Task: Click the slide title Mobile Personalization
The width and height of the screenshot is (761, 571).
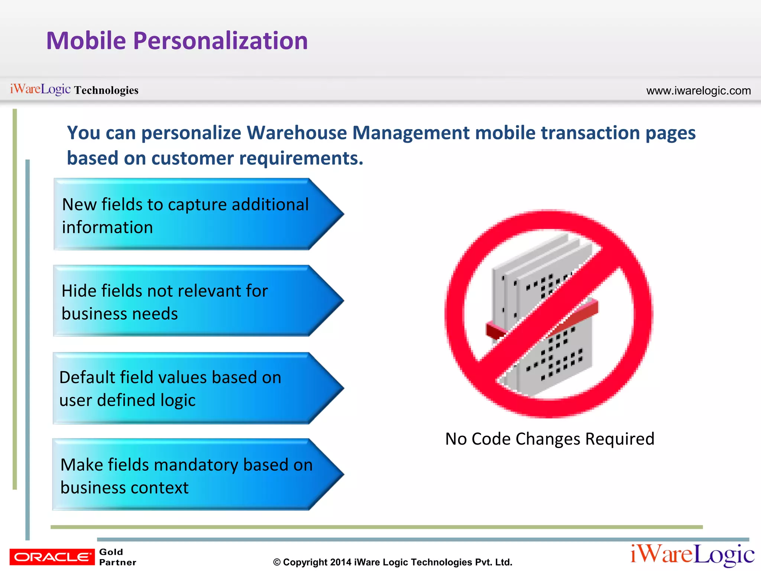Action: (x=177, y=41)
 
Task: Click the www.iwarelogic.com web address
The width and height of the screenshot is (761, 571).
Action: (x=698, y=91)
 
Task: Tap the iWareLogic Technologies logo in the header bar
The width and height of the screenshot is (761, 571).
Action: (x=74, y=90)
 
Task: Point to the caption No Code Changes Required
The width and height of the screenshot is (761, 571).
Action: (x=550, y=439)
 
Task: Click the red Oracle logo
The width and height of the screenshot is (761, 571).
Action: (x=52, y=557)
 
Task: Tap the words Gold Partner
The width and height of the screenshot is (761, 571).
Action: (x=117, y=557)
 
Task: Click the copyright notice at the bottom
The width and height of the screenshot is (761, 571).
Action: (x=393, y=562)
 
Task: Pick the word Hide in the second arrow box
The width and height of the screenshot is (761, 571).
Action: (x=79, y=291)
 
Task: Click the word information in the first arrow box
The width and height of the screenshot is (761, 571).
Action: (x=107, y=228)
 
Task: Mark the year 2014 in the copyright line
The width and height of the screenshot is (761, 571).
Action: (x=341, y=562)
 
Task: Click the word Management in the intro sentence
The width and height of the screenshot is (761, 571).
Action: (x=411, y=133)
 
